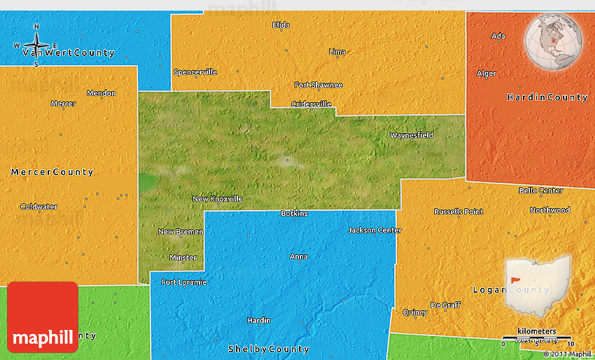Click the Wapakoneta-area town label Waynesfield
tap(412, 135)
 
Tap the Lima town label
tap(337, 52)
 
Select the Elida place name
tap(281, 25)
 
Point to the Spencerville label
tap(195, 72)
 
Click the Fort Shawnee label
tap(318, 85)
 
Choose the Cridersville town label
tap(311, 104)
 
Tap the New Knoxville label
tap(218, 199)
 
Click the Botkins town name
tap(294, 214)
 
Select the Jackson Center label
tap(374, 230)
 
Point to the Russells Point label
tap(458, 212)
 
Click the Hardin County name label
tap(547, 97)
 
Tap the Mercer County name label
tap(52, 172)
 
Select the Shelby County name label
tap(268, 349)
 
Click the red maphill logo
tap(43, 317)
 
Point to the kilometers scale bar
tap(537, 337)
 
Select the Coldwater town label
tap(39, 207)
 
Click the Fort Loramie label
tap(184, 282)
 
